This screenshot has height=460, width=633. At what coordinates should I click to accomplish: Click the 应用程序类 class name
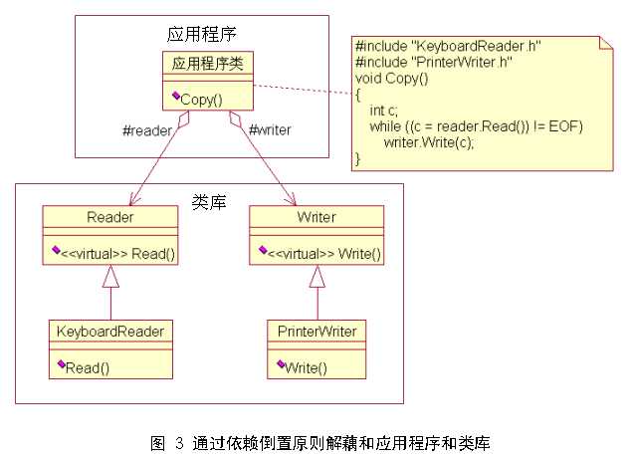point(207,63)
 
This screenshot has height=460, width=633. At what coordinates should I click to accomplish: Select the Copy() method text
point(202,100)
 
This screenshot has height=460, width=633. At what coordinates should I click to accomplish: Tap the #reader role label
point(146,130)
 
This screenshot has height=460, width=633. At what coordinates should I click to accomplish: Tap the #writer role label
point(269,130)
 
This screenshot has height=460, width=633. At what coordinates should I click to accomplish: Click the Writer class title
point(316,216)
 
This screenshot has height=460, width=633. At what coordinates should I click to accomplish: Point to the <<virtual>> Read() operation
point(119,253)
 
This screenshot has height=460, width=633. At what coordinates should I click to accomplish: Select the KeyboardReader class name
point(110,331)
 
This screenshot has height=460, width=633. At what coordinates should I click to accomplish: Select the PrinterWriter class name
point(316,331)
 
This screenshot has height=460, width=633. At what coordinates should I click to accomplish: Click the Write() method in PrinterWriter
point(308,367)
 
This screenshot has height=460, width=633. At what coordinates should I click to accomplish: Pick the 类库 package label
point(209,200)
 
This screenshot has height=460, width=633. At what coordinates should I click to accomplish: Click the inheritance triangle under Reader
point(110,278)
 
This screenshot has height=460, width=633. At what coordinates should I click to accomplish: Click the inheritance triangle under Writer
point(316,278)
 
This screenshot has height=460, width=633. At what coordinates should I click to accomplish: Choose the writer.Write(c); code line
point(428,141)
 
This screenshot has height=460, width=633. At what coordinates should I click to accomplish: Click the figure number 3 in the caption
point(179,441)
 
